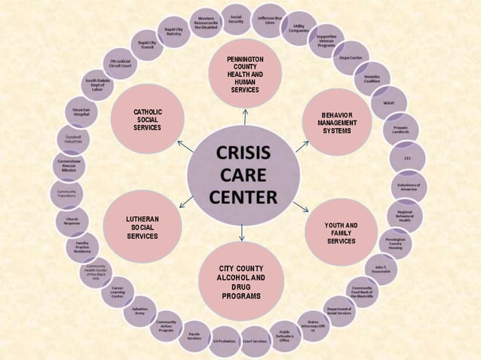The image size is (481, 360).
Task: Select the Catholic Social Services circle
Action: pos(148,120)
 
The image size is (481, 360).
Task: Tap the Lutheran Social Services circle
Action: pos(142,226)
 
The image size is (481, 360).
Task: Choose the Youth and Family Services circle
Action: pos(341,233)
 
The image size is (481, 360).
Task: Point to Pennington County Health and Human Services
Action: pos(245,74)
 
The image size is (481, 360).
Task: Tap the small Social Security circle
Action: pos(236,20)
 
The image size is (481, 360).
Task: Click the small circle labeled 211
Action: pos(407,157)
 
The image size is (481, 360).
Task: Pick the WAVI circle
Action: pos(389,102)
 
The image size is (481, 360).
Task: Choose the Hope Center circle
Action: pos(351,57)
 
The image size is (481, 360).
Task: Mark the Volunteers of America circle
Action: pos(409,186)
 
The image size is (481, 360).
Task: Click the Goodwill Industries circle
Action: pos(73,139)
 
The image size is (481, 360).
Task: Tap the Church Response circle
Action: pos(72,221)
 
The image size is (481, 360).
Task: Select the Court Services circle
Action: pos(254,340)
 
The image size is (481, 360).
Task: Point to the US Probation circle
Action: pos(224,340)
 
